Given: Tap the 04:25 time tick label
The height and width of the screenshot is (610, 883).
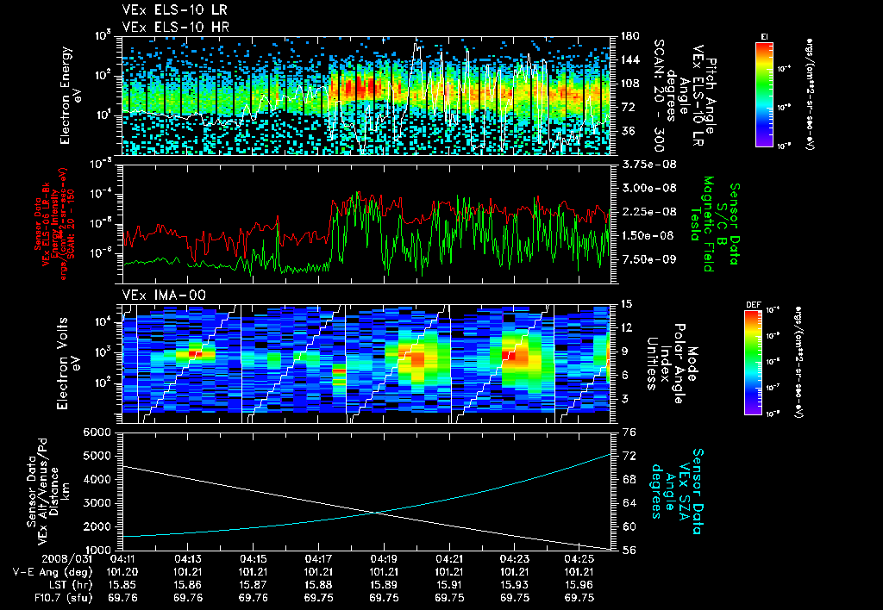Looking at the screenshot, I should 579,558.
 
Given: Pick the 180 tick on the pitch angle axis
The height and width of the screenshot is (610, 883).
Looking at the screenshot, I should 629,36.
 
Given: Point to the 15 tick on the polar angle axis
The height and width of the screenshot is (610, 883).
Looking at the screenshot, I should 626,303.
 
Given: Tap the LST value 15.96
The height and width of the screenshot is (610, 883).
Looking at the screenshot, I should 579,583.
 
